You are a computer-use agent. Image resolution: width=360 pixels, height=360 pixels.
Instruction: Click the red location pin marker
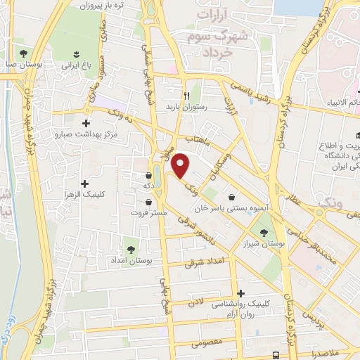pos(181,166)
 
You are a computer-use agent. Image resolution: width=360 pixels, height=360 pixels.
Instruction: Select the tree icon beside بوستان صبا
pos(23,53)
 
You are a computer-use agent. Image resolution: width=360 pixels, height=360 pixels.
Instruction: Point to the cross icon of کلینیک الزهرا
pos(86,163)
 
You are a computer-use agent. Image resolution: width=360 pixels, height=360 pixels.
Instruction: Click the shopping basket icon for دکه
pos(148,175)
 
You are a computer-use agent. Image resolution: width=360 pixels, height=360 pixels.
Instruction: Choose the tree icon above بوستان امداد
pos(130,249)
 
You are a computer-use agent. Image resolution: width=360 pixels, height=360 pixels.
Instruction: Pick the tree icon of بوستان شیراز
pos(264,233)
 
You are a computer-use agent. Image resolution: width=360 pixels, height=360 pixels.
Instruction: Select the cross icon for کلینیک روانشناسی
pos(241,293)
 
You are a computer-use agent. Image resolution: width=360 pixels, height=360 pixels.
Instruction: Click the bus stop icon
pos(276,355)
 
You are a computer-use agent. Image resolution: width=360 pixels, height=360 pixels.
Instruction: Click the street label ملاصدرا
pos(328,353)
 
